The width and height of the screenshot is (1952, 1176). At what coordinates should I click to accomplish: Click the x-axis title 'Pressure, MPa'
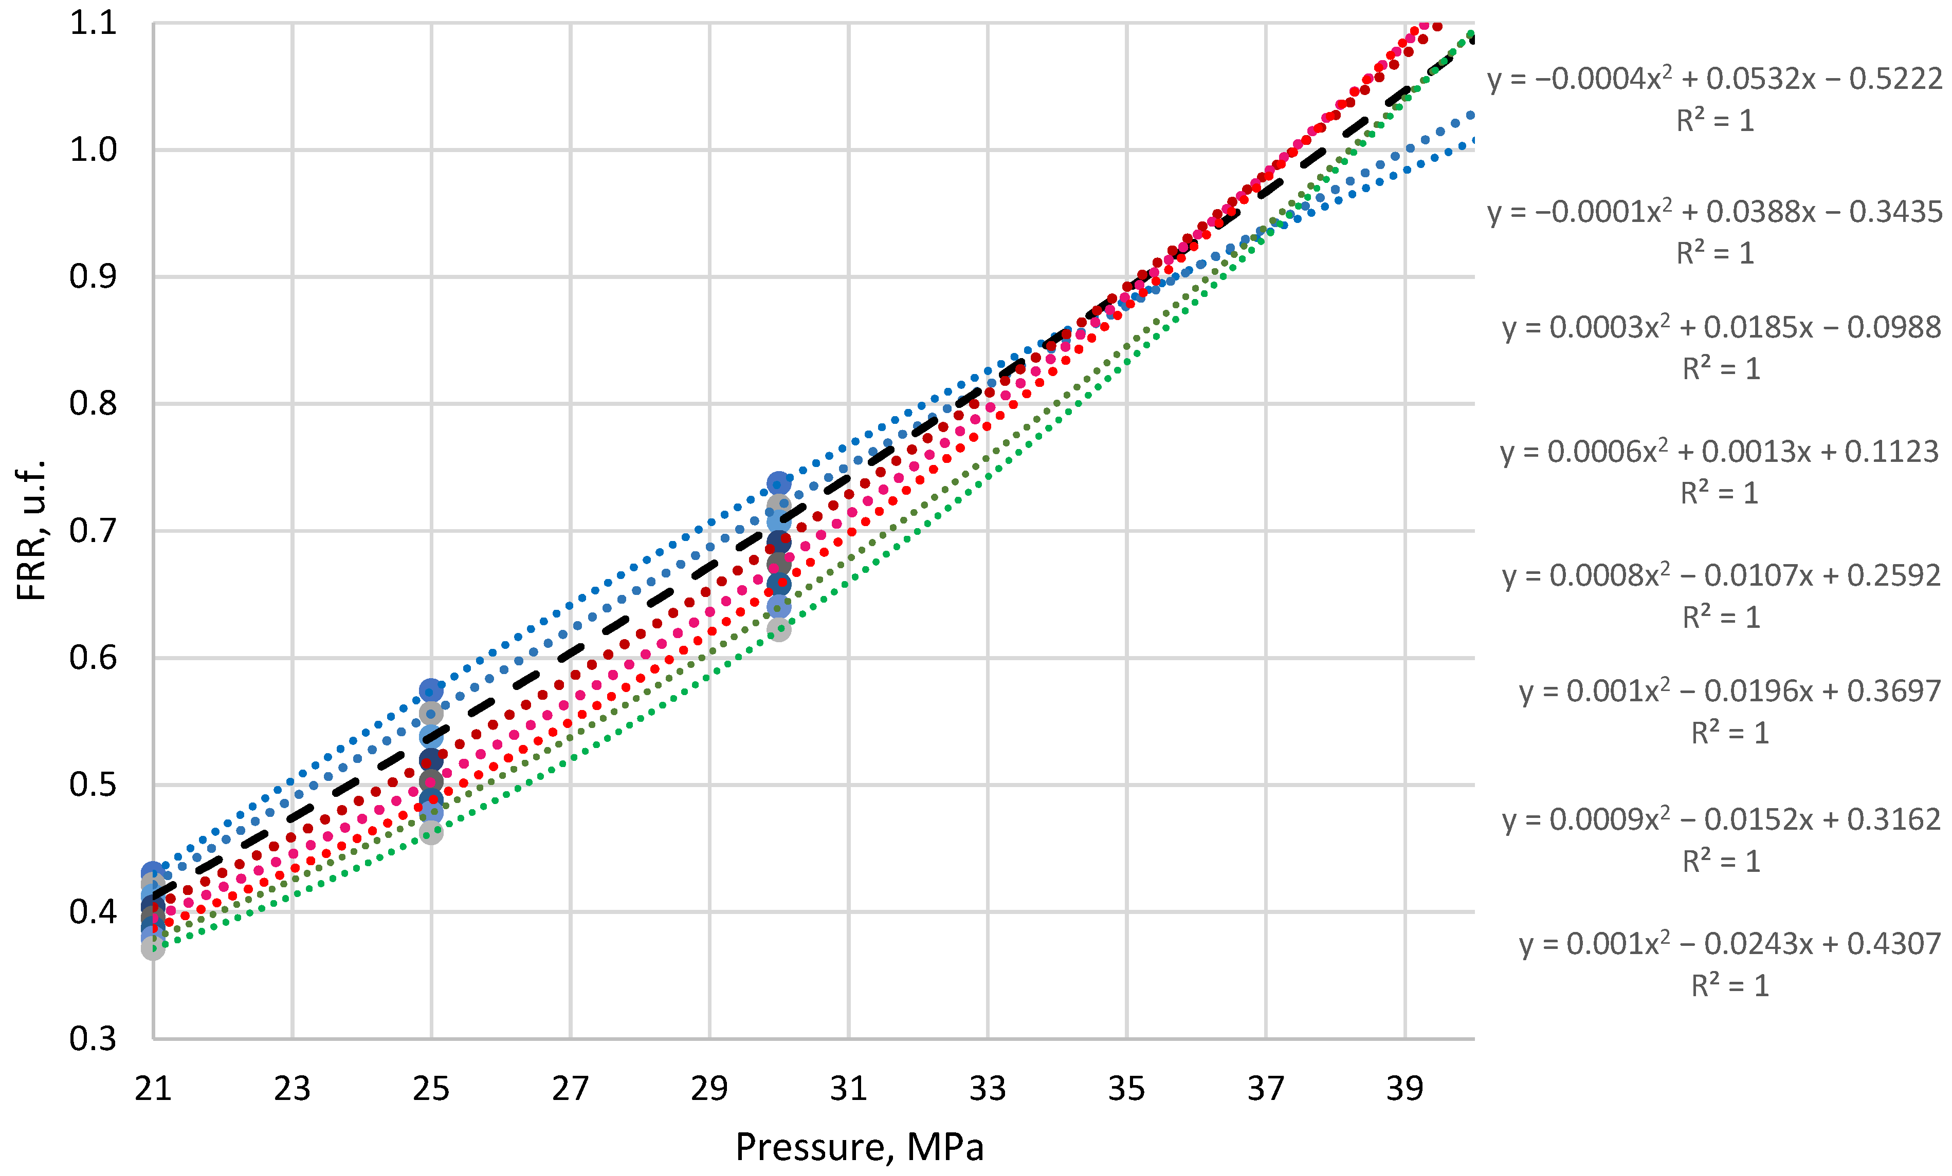860,1147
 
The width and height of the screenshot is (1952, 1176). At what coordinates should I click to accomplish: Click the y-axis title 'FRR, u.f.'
32,531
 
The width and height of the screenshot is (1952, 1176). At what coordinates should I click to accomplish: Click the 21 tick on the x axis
153,1089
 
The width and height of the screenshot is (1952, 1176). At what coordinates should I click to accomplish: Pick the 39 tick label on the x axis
1404,1089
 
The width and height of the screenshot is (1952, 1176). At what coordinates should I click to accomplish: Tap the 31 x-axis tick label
848,1089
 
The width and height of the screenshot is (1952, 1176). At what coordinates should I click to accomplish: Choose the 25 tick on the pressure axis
431,1089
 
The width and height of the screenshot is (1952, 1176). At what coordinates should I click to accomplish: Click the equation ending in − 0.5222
1714,79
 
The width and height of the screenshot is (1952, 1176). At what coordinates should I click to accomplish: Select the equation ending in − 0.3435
1714,212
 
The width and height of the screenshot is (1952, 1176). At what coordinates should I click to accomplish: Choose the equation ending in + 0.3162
1721,819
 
